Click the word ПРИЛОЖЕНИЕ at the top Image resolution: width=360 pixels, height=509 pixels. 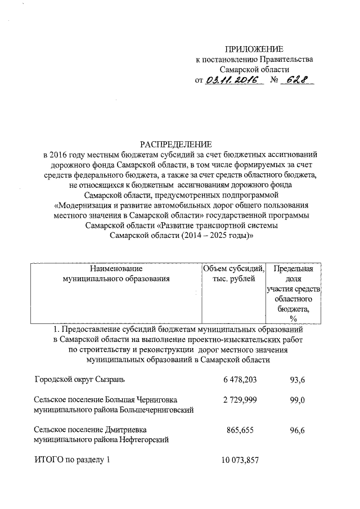(x=251, y=48)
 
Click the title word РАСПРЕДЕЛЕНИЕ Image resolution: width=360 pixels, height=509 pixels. (x=179, y=145)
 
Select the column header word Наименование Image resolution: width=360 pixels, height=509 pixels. (x=116, y=268)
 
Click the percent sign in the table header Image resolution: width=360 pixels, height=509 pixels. (x=293, y=319)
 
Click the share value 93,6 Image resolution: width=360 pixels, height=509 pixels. (x=297, y=380)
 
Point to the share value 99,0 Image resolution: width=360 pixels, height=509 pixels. (x=297, y=399)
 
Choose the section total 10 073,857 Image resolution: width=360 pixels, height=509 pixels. (x=236, y=460)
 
